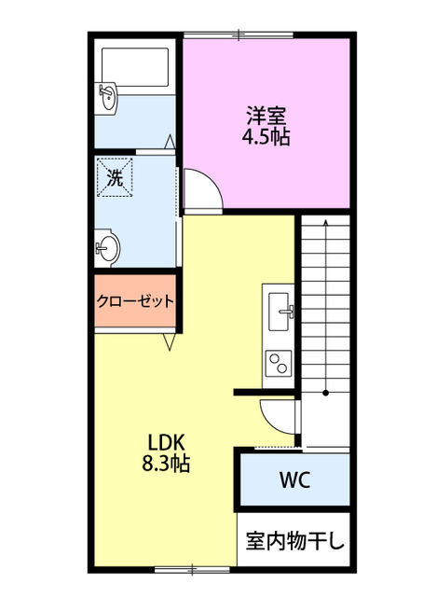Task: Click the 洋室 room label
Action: pyautogui.click(x=266, y=117)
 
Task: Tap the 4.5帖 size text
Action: pyautogui.click(x=266, y=137)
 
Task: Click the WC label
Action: pyautogui.click(x=294, y=481)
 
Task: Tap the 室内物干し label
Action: pyautogui.click(x=294, y=540)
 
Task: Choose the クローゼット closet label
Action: pyautogui.click(x=135, y=301)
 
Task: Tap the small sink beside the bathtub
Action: pyautogui.click(x=108, y=96)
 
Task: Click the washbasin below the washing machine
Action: pyautogui.click(x=108, y=248)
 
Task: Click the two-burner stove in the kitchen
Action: pyautogui.click(x=279, y=362)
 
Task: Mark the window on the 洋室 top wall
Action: pyautogui.click(x=239, y=35)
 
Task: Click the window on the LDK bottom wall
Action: pyautogui.click(x=192, y=568)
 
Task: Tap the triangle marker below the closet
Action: pyautogui.click(x=170, y=343)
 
